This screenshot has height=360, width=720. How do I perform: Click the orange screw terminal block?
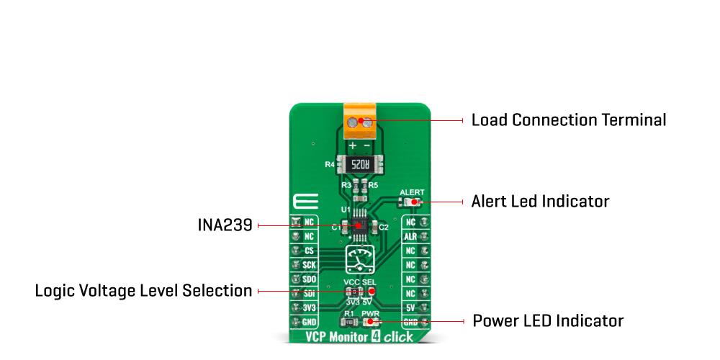tap(360, 124)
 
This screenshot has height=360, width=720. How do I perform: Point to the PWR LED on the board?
tap(371, 322)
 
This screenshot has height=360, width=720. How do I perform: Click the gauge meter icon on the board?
tap(359, 258)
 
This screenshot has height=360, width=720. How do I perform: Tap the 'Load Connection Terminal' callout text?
tap(568, 120)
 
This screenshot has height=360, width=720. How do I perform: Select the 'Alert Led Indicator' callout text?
tap(540, 202)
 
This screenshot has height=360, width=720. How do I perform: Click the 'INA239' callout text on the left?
tap(225, 226)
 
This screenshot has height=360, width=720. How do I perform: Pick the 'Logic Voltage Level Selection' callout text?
tap(143, 291)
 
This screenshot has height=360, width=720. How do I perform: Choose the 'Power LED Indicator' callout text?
tap(547, 320)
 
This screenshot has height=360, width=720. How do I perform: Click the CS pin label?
tap(307, 251)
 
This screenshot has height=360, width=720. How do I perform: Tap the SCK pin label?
tap(307, 265)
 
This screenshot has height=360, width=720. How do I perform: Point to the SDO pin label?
tap(307, 279)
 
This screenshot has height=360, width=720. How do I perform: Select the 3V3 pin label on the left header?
tap(307, 307)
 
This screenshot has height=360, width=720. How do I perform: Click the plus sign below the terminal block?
tap(352, 145)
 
